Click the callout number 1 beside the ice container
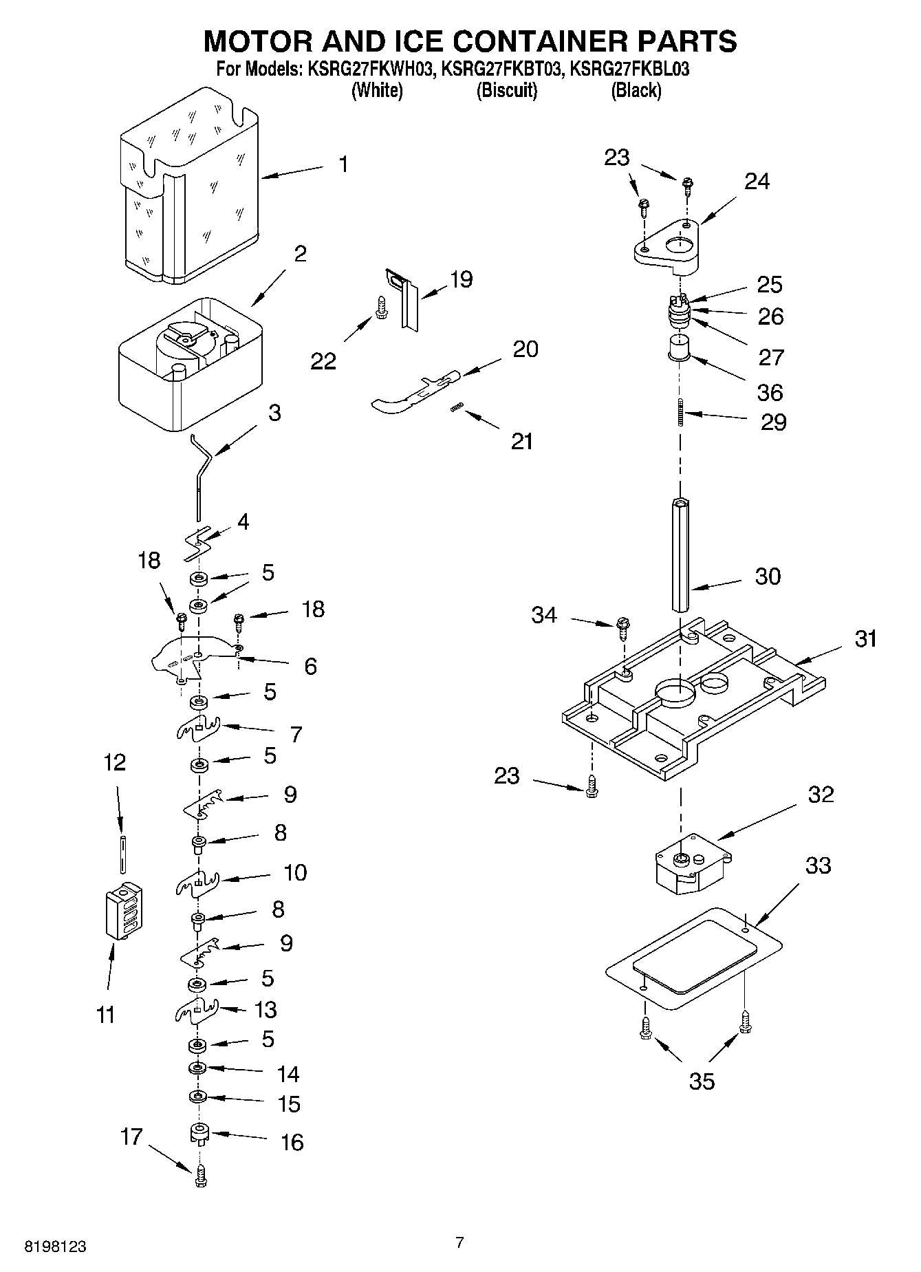point(343,164)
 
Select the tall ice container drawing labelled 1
point(189,186)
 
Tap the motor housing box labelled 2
point(191,365)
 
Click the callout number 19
point(461,279)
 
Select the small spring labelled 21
point(455,409)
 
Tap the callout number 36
point(770,392)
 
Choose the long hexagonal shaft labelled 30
point(681,554)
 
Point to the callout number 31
point(865,638)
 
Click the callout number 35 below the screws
point(702,1081)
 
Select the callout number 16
point(292,1142)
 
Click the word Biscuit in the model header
point(507,90)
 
